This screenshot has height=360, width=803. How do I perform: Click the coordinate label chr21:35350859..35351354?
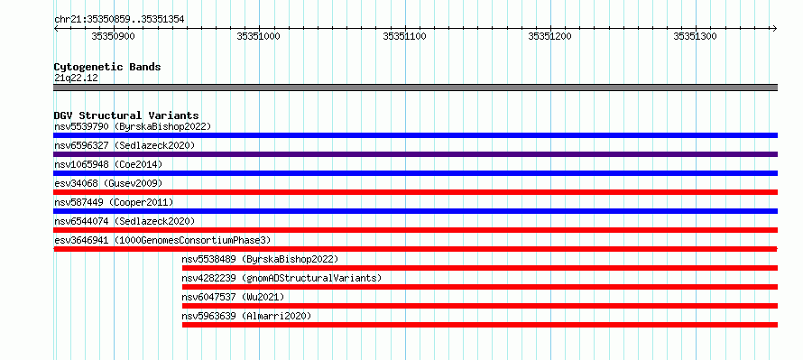coord(119,20)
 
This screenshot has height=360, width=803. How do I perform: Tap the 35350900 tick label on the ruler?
coord(113,36)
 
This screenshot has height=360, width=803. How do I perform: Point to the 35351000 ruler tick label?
coord(259,36)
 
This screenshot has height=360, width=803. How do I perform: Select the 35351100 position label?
coord(404,36)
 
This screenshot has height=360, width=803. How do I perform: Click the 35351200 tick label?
coord(550,36)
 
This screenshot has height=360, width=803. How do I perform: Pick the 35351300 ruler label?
coord(696,36)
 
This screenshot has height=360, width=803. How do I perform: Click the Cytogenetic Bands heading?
coord(107,67)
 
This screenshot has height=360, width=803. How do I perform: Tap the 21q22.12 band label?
coord(77,78)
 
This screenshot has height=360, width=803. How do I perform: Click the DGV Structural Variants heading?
coord(126,115)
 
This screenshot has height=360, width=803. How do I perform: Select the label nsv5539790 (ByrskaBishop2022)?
coord(133,126)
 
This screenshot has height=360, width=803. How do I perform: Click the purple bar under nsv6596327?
coord(416,154)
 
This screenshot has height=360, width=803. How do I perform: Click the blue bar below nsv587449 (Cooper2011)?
coord(416,211)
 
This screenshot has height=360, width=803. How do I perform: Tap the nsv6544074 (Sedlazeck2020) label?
coord(125,221)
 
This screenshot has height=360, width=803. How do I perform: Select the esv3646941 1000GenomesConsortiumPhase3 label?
coord(162,240)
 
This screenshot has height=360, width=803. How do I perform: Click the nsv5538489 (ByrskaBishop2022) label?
coord(260,259)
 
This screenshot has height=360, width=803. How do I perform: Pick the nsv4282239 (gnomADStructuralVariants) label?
coord(282,278)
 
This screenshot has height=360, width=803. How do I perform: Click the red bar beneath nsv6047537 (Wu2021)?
coord(480,306)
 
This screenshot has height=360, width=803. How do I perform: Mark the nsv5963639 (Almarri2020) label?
coord(246,316)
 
